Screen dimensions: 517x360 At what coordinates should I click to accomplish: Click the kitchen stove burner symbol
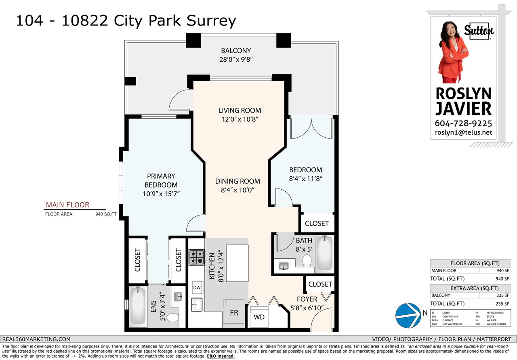coord(197,257)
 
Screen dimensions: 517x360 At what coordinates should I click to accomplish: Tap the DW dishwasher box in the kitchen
coord(197,287)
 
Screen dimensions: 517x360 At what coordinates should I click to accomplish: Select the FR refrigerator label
coord(234,313)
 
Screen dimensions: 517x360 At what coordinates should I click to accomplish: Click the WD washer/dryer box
coord(259,317)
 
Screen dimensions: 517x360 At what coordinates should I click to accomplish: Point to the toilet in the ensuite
coord(172,318)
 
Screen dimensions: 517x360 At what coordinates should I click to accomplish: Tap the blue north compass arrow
coord(408,316)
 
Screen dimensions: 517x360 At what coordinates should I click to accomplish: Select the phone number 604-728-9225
coord(463,123)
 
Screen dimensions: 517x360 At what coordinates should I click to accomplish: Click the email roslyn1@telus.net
coord(463,132)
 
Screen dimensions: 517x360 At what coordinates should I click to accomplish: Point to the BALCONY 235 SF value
coord(503,295)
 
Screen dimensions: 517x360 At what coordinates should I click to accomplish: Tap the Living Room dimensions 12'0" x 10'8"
coord(240,119)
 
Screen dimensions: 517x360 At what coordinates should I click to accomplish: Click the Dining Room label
coord(237,181)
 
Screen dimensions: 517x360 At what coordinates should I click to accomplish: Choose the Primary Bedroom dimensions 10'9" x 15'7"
coord(161,194)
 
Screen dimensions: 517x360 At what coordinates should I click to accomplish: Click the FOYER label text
coord(307,299)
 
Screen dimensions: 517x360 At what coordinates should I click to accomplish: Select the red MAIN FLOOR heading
coord(67,205)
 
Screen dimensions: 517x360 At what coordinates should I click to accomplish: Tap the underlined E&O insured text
coord(221,356)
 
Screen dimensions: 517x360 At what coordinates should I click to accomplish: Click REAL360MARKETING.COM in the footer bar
coord(36,339)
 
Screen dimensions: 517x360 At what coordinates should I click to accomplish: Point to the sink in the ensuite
coord(178,297)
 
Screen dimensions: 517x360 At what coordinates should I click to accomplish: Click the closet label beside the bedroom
coord(317,224)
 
